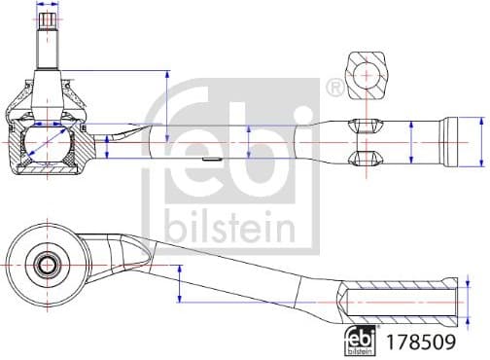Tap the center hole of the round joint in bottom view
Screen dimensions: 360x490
coord(47,264)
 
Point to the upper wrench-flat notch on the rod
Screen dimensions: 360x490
coord(362,124)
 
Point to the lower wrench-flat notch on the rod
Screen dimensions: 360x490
coord(362,159)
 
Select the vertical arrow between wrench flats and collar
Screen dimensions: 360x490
coord(412,142)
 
